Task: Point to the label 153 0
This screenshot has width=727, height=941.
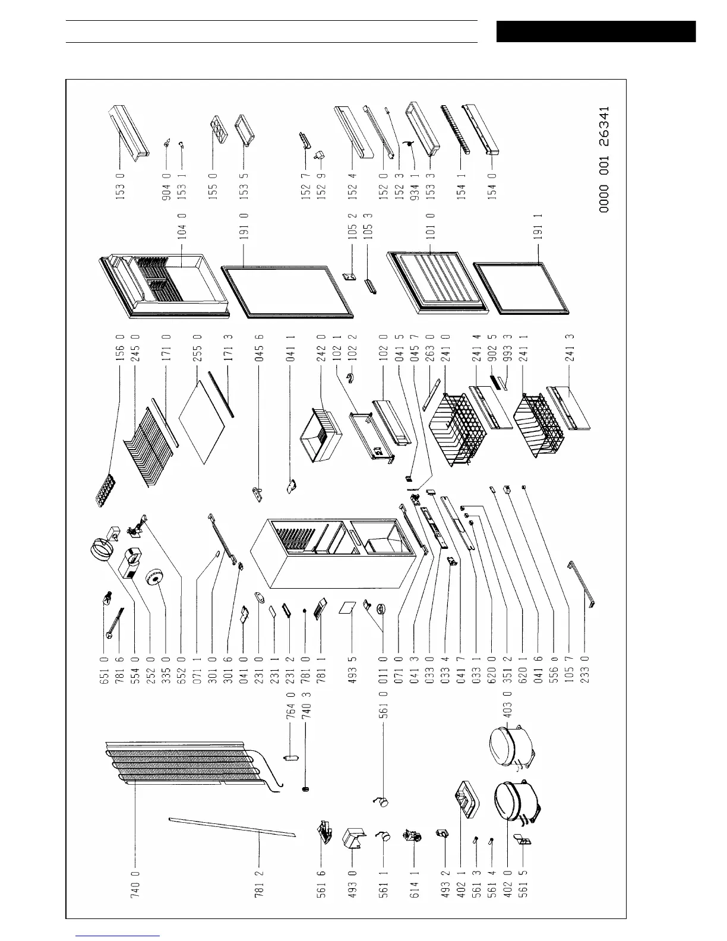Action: point(119,190)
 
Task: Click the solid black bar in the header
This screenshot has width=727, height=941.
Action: point(595,31)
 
